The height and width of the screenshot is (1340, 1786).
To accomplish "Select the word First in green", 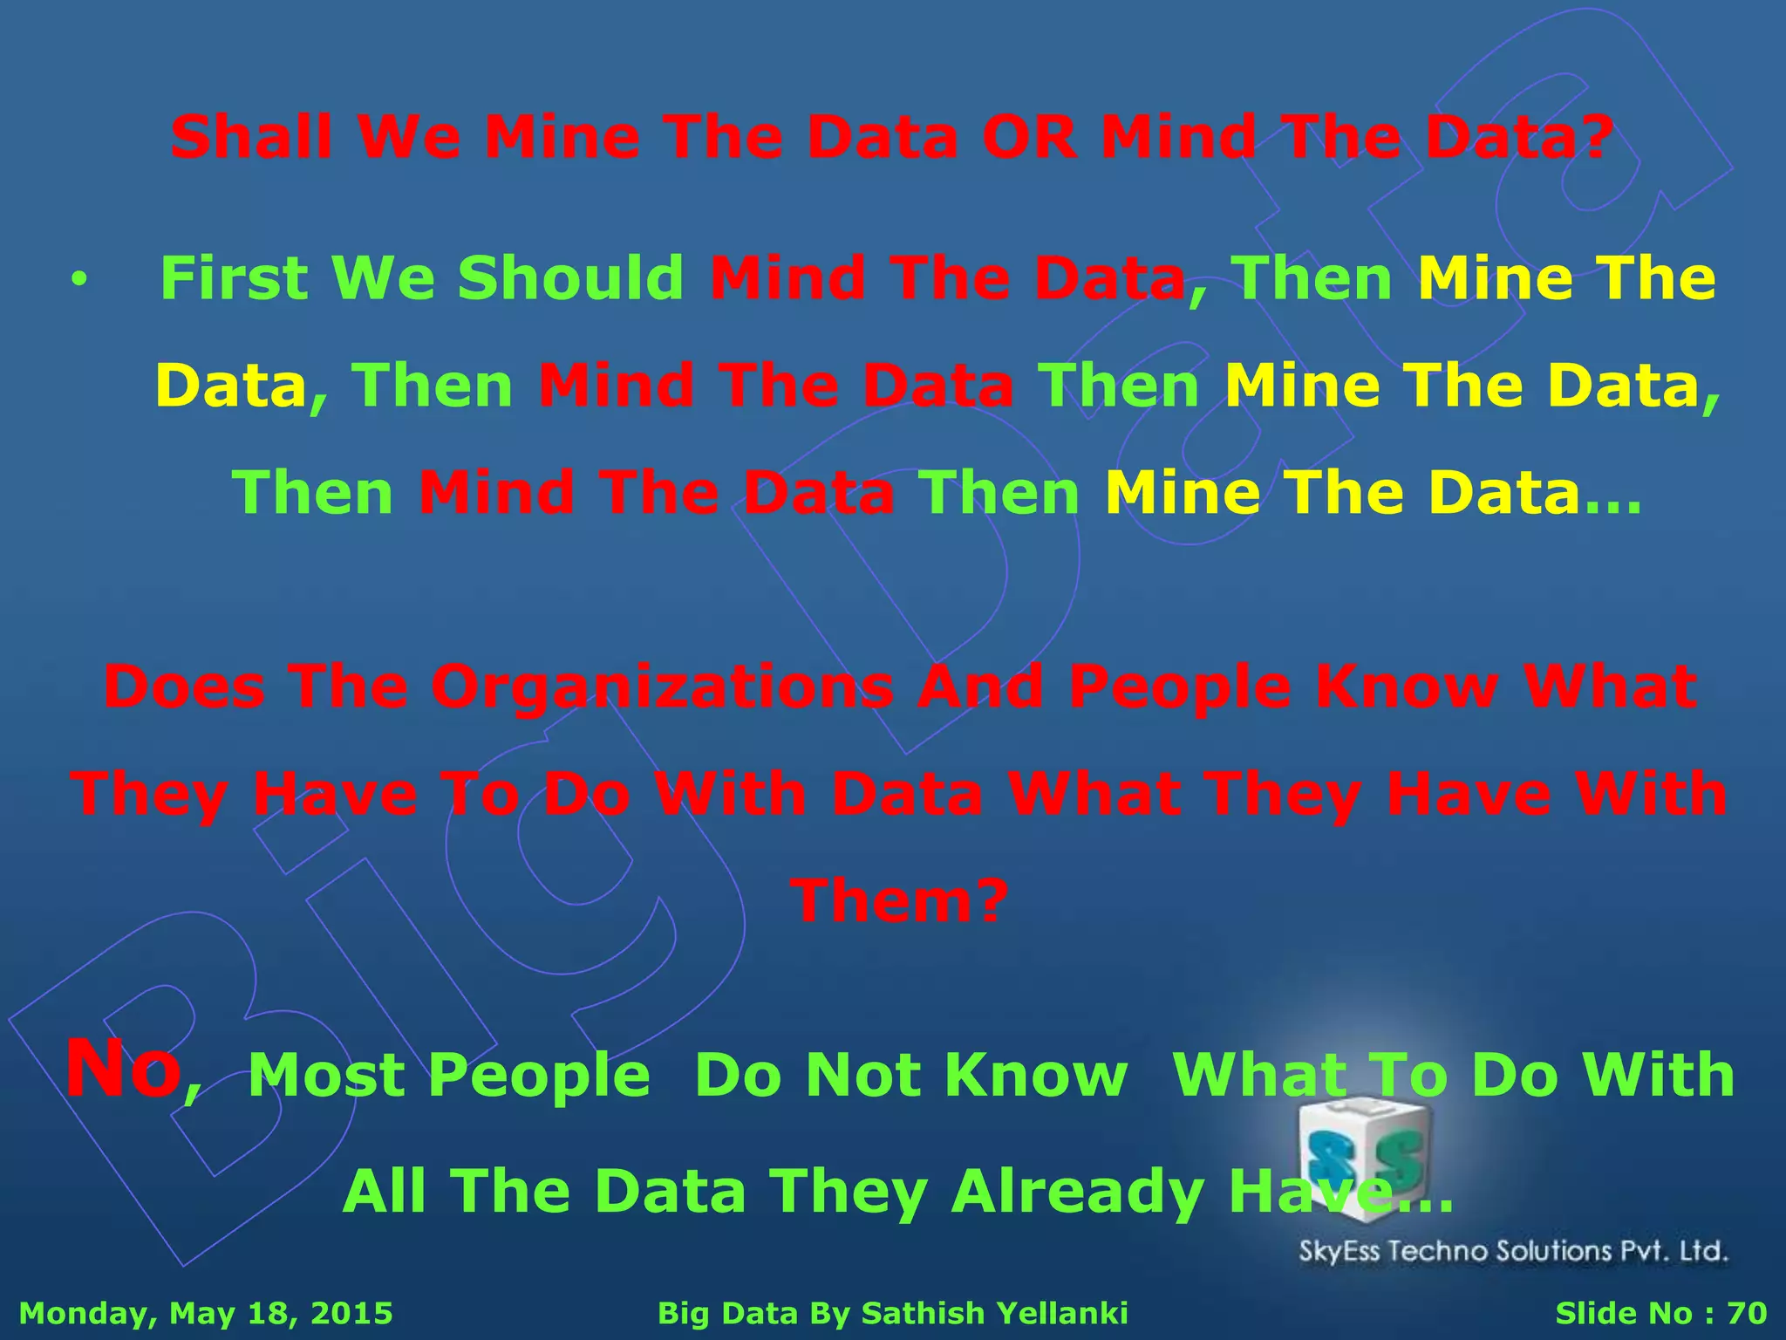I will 234,279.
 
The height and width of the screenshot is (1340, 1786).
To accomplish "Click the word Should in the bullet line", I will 570,279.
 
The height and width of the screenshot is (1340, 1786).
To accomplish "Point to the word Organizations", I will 662,687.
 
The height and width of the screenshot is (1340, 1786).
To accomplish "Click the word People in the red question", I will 1179,687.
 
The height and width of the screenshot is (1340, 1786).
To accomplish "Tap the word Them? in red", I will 899,902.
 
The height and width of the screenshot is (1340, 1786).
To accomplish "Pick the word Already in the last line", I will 1078,1192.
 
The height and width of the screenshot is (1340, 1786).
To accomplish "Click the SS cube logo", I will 1364,1156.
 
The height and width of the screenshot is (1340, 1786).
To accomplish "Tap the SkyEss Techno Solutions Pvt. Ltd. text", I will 1513,1251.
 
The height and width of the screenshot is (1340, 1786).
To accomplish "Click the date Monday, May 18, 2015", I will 206,1313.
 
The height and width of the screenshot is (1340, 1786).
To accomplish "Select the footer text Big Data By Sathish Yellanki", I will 892,1313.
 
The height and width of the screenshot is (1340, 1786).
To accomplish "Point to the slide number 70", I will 1746,1313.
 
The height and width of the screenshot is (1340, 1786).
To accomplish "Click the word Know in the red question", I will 1407,687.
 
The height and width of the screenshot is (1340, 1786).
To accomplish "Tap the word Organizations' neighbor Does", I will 184,687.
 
